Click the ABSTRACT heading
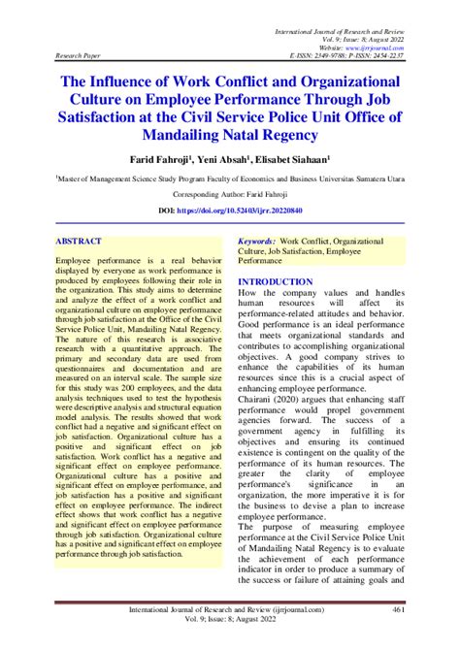[x=80, y=239]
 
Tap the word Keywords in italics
[x=257, y=239]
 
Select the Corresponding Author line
[x=229, y=194]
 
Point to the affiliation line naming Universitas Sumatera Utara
[x=229, y=179]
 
